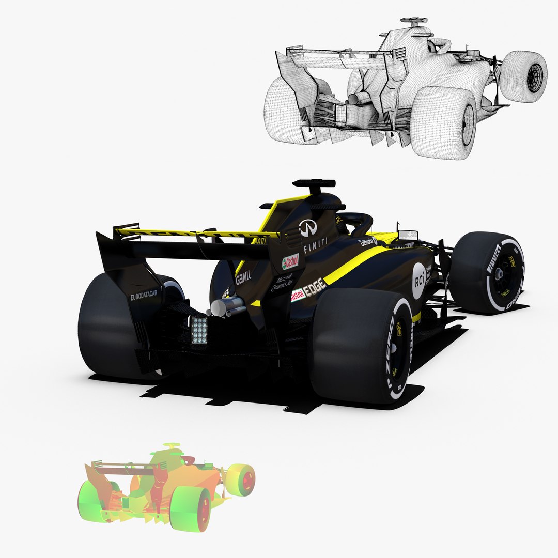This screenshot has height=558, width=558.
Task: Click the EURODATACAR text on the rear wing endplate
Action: tap(146, 297)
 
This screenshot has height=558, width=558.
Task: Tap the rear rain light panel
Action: tap(199, 330)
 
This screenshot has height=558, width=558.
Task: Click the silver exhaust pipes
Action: tap(226, 307)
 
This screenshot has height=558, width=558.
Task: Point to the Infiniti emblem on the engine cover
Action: tap(307, 228)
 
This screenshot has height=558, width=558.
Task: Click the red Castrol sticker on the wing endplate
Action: tap(290, 262)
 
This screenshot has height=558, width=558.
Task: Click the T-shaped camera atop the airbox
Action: tap(314, 184)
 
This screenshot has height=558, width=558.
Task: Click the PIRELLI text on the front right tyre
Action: tap(493, 258)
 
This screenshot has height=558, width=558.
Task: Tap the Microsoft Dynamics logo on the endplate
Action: tap(282, 283)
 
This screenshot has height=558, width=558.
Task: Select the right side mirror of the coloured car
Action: tap(408, 235)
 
